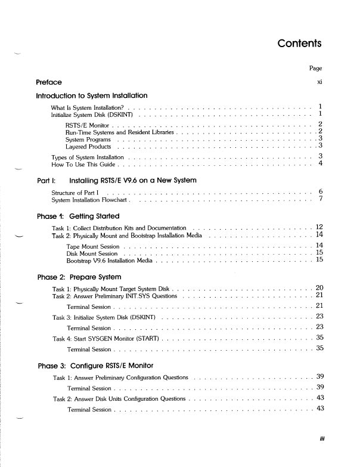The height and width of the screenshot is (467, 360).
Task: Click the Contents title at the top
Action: (x=299, y=44)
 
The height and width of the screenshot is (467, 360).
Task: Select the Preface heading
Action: (x=49, y=82)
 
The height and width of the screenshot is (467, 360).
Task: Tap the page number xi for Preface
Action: (x=319, y=82)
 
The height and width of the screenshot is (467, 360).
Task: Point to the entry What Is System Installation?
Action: (x=89, y=107)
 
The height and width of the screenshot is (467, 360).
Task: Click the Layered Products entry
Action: (x=89, y=146)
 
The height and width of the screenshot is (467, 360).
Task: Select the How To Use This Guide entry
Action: (x=85, y=163)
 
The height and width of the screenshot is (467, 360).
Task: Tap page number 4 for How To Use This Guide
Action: (x=320, y=163)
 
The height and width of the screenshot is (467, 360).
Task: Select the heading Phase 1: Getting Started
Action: (x=78, y=216)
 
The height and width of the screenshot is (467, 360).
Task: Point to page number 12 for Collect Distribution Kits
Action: (x=319, y=227)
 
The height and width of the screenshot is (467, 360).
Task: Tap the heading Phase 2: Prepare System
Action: (x=79, y=277)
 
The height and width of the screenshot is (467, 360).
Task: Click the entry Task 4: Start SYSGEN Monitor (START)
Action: (x=105, y=339)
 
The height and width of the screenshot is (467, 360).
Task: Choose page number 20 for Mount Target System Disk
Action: (x=319, y=288)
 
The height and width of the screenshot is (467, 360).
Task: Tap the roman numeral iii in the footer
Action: (x=319, y=442)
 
